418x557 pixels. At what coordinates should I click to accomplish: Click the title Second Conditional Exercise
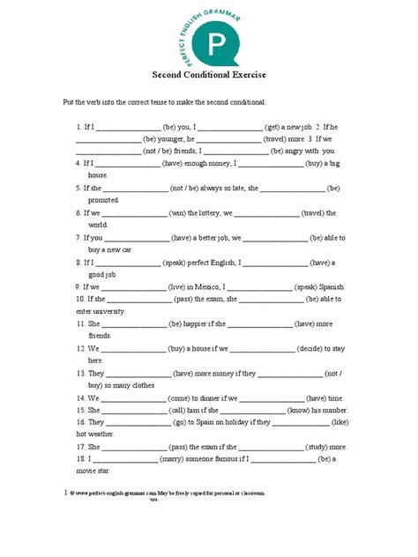209,75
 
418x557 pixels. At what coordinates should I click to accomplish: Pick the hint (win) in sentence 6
181,212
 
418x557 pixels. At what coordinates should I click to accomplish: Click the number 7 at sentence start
78,237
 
